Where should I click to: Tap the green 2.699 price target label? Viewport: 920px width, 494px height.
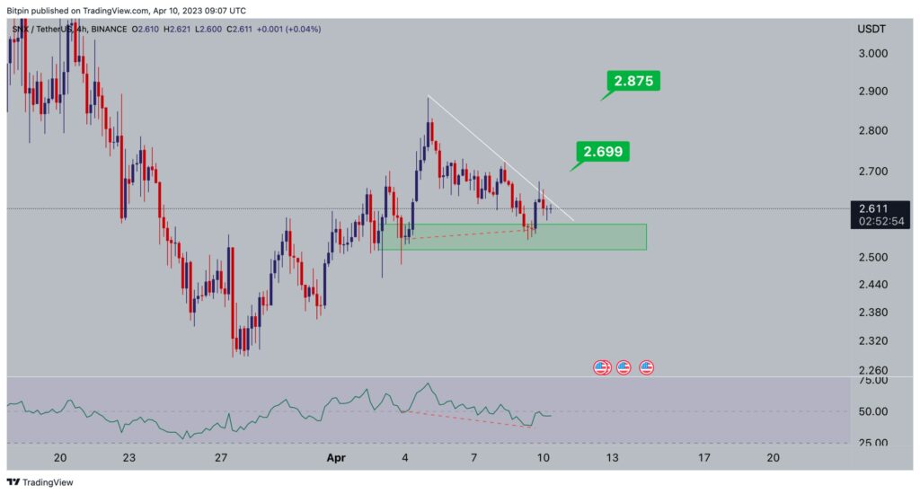pos(604,152)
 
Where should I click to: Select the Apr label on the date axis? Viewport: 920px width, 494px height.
pos(336,458)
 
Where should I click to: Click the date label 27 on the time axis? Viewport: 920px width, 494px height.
pos(222,458)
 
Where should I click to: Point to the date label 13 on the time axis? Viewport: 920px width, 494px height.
pos(612,458)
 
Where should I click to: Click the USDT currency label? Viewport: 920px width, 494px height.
pos(871,30)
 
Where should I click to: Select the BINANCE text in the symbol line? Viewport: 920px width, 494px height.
pos(108,30)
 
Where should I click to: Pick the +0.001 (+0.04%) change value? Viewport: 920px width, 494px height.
pos(288,30)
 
